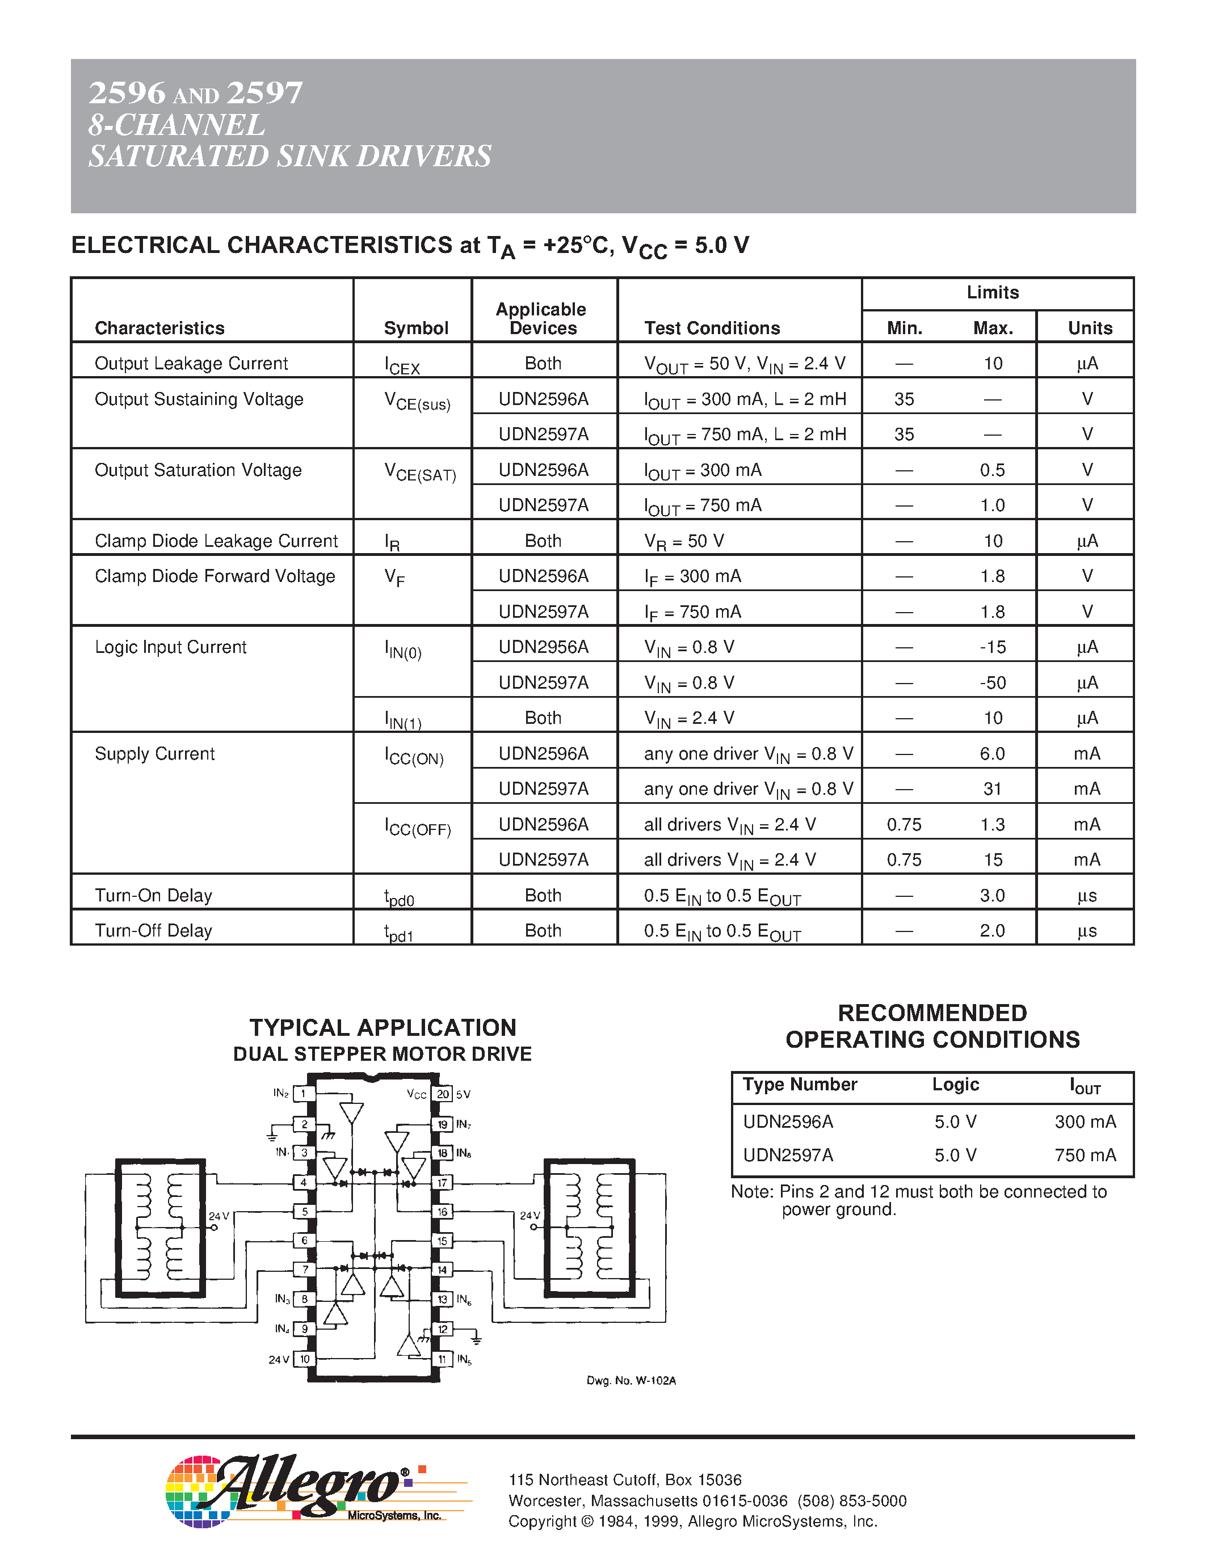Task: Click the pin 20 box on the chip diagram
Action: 443,1094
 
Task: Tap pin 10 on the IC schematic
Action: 304,1359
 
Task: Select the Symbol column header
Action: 416,328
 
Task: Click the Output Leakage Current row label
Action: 191,364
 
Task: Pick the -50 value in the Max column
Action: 993,683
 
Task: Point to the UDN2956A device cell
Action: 543,647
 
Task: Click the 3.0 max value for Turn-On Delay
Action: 993,895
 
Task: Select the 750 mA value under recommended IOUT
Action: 1085,1155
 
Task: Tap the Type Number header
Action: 800,1084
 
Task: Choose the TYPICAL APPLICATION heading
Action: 383,1027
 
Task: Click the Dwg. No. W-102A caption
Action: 631,1381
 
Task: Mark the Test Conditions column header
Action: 712,328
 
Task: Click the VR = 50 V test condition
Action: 684,541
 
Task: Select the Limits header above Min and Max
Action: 993,292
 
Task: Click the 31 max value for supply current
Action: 993,789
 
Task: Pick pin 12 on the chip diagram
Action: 443,1329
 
